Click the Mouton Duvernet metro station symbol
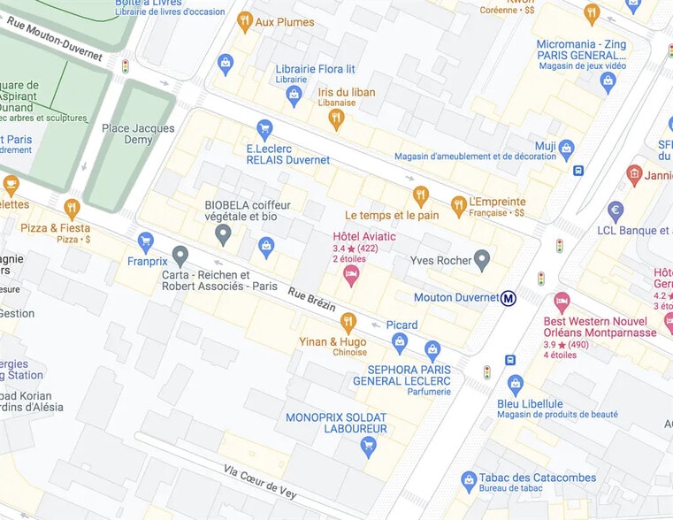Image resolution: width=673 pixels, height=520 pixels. [509, 298]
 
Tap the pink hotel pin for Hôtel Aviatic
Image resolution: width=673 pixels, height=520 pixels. [351, 274]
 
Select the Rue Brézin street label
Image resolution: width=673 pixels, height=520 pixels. [312, 298]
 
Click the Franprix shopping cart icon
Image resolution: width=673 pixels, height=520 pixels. [146, 240]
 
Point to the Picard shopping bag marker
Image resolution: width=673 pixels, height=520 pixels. [400, 342]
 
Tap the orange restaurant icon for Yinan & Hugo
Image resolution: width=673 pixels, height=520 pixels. [348, 322]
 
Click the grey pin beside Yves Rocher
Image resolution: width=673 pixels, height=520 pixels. [481, 260]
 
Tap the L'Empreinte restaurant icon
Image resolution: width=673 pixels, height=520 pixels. [458, 205]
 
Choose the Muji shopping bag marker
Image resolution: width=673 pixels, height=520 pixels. [567, 148]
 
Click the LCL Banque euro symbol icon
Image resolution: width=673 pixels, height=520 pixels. [616, 210]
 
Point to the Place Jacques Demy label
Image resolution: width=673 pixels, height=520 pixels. [138, 134]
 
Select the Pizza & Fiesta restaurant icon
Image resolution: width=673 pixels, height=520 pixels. [72, 208]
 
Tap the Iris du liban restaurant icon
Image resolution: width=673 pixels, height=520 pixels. [335, 119]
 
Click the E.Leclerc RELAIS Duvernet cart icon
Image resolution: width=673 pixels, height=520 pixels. [264, 129]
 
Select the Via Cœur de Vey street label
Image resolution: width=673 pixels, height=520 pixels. [259, 481]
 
